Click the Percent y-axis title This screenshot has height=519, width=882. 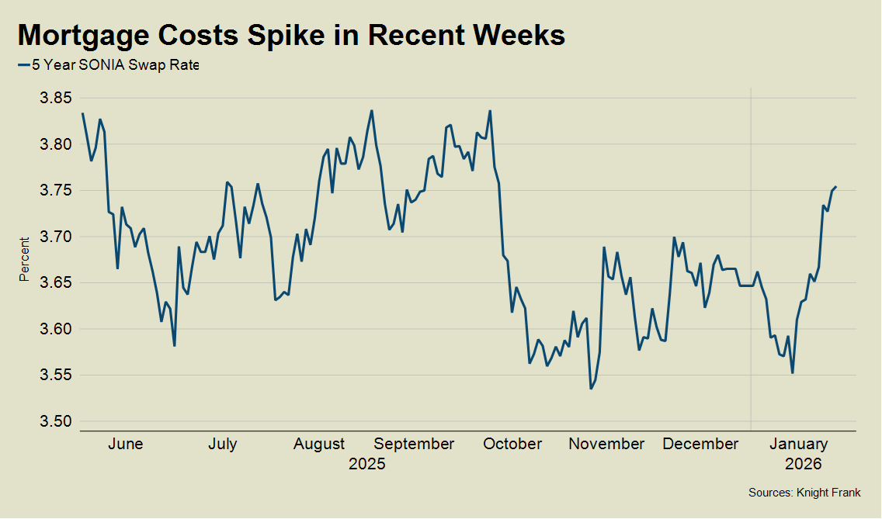tap(25, 259)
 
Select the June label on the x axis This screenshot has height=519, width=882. tap(125, 445)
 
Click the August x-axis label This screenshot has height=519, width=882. tap(319, 445)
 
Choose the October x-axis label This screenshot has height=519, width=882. tap(512, 445)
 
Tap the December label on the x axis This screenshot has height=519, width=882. tap(701, 445)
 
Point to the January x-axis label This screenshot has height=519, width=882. tap(798, 445)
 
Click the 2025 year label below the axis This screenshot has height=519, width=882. tap(366, 465)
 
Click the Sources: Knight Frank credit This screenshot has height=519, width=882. tap(804, 493)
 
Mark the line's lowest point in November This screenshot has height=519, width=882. tap(591, 389)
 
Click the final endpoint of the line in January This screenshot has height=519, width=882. tap(835, 187)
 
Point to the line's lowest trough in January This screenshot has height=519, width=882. tap(792, 373)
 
